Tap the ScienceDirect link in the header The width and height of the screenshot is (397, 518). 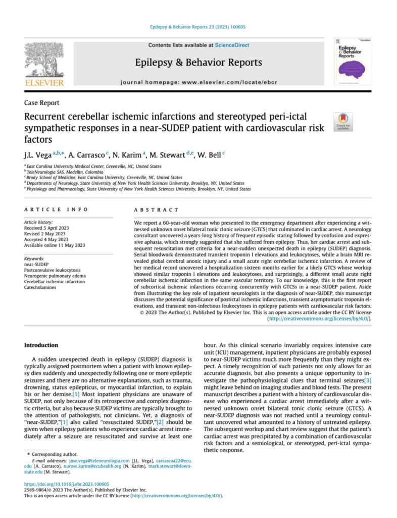(232, 46)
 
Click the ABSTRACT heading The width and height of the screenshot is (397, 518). (156, 209)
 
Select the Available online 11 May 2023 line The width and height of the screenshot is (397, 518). (55, 245)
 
